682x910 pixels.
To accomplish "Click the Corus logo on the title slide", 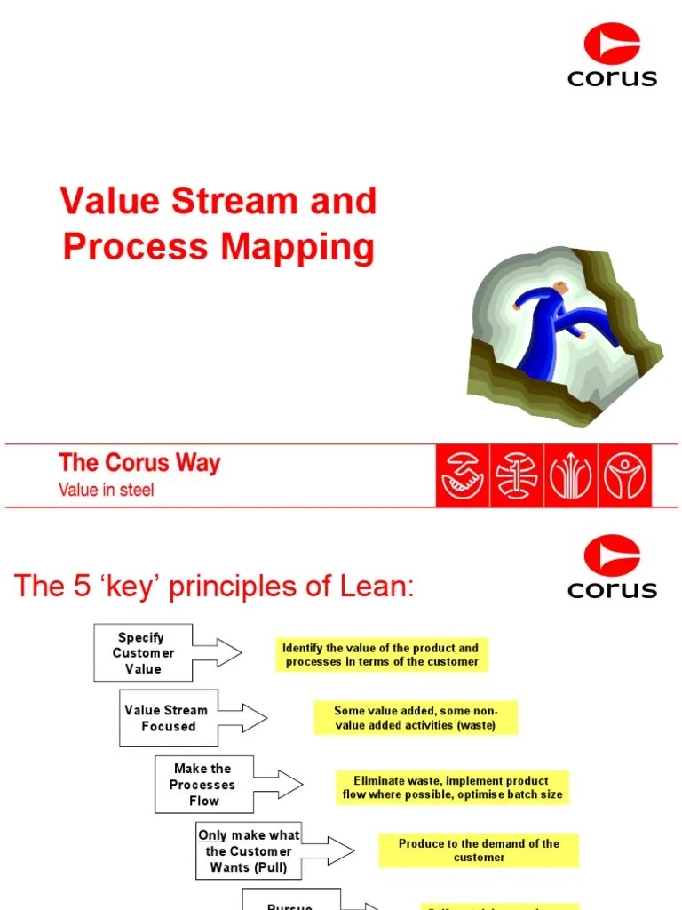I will (612, 55).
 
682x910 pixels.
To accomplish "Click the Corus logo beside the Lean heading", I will (612, 566).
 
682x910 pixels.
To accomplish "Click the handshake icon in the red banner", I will (462, 475).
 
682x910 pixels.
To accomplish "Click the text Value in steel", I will (106, 490).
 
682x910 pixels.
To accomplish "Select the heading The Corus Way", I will (139, 463).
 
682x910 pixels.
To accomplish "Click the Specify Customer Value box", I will (142, 653).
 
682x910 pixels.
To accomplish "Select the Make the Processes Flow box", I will (203, 785).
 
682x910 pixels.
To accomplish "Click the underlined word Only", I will (212, 835).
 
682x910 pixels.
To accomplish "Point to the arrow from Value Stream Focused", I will (242, 718).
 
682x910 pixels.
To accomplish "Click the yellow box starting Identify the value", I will (381, 654).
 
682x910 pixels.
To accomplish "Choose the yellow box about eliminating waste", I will (452, 787).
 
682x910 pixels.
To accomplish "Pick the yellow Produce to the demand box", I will (478, 850).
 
